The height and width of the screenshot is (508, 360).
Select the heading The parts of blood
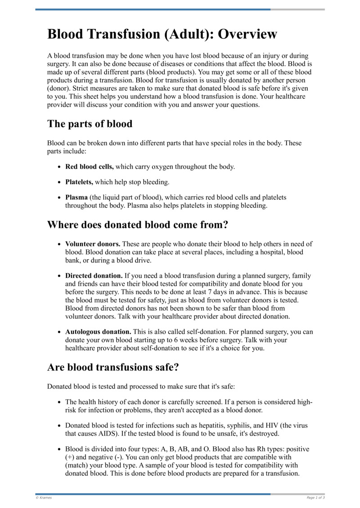tap(90, 124)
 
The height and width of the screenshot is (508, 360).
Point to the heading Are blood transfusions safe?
tap(113, 367)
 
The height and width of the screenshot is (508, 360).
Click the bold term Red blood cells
tap(89, 167)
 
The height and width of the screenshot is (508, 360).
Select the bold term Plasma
tap(76, 197)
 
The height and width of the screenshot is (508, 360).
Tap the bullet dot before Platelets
tap(59, 183)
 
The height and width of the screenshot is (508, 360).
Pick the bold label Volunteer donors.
tap(93, 244)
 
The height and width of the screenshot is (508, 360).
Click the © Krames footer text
tap(44, 498)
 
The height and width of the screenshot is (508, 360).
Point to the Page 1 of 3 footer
tap(315, 498)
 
